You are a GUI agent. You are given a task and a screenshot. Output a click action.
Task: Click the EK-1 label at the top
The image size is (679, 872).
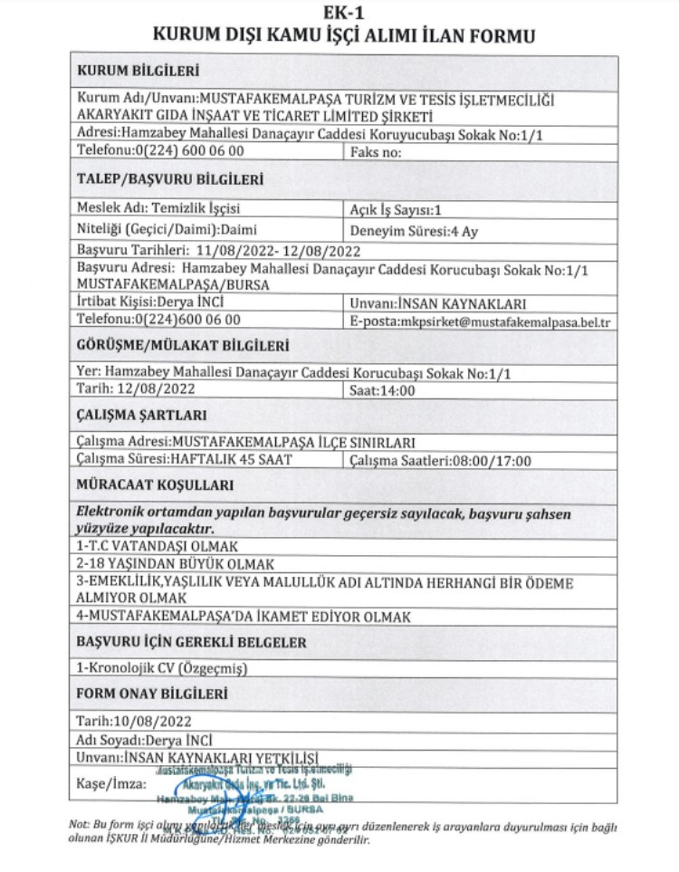[339, 13]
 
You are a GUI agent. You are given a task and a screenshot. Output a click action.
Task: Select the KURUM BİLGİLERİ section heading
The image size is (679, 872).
[139, 71]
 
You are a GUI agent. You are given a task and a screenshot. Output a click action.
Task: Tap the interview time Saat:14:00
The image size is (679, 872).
[382, 391]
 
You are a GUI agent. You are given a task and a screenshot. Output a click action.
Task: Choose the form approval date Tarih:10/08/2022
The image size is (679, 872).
[135, 722]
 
